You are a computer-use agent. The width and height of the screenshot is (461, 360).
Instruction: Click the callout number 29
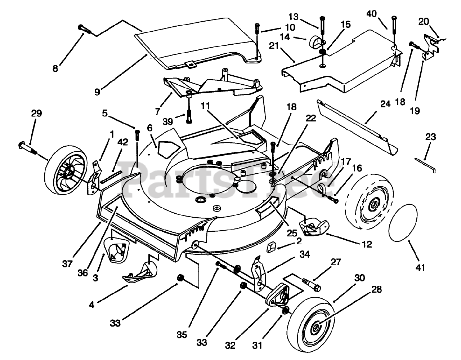(x=36, y=114)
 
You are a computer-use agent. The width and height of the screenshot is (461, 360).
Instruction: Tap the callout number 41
(x=420, y=267)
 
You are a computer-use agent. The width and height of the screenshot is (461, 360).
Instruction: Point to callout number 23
(x=430, y=137)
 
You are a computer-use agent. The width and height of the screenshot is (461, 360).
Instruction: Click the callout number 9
(x=97, y=82)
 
